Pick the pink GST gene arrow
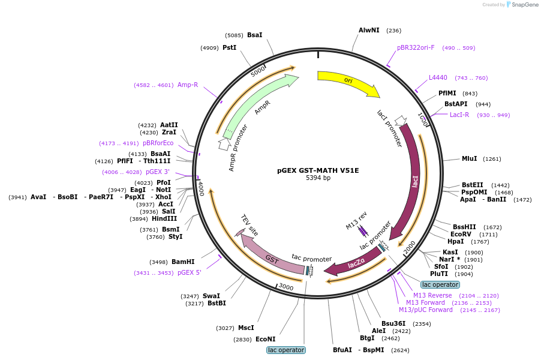click(272, 257)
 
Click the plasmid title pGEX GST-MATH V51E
click(318, 170)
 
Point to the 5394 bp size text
click(318, 178)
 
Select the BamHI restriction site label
click(183, 262)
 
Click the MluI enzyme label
click(469, 159)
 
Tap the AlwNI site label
click(369, 31)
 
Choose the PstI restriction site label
click(230, 47)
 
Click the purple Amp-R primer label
click(188, 85)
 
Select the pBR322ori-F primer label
click(416, 47)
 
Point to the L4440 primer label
click(438, 77)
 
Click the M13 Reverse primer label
click(432, 295)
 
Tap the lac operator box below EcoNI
click(286, 350)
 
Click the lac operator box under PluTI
click(440, 284)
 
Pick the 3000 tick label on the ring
click(286, 287)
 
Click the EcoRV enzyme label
click(461, 235)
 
